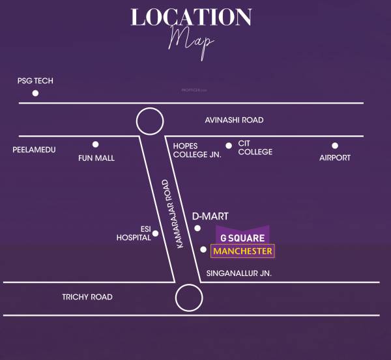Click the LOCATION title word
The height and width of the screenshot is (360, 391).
click(x=191, y=18)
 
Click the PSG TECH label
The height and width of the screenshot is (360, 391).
click(x=35, y=81)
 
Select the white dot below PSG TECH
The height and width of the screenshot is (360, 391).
click(x=35, y=93)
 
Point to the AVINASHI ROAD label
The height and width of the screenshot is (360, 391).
click(x=234, y=120)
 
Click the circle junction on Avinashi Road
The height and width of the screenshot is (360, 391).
click(x=149, y=122)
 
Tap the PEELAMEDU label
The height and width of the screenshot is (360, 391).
click(x=34, y=150)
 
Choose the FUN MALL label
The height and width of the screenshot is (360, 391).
click(x=96, y=158)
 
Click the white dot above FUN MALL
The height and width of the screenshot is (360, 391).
click(x=96, y=145)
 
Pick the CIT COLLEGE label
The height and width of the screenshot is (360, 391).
click(x=255, y=147)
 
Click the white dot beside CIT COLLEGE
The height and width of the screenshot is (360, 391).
click(x=228, y=146)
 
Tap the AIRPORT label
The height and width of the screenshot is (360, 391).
click(x=335, y=158)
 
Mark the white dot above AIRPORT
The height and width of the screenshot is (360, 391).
click(x=335, y=146)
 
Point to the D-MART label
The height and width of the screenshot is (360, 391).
click(x=210, y=215)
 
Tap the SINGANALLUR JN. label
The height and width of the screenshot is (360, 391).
click(x=238, y=273)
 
